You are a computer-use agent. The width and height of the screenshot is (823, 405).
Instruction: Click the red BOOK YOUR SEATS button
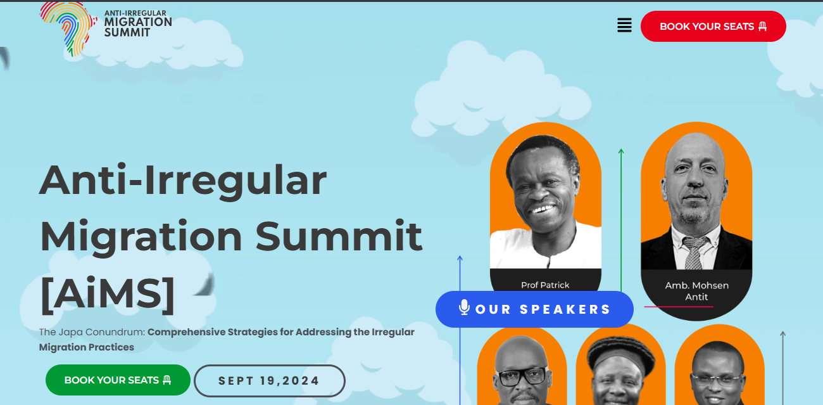713,27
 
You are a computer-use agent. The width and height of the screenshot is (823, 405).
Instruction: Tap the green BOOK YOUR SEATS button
118,380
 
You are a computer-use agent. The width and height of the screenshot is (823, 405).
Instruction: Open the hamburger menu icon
624,25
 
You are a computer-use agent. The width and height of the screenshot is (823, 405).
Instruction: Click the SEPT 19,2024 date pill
269,381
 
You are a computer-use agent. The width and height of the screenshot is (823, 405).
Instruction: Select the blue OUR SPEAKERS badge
534,309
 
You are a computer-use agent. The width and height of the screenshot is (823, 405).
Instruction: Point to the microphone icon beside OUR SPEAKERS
464,308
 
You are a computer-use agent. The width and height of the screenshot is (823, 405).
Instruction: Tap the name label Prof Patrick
545,285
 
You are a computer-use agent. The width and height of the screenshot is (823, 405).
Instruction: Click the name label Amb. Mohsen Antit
696,291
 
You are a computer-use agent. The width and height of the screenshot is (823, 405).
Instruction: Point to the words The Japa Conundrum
92,332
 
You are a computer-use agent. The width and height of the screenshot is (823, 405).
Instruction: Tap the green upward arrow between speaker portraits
621,152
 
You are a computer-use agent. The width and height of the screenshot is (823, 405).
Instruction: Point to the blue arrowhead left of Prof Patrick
460,259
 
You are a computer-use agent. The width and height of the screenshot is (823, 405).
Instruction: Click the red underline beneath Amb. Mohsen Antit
678,307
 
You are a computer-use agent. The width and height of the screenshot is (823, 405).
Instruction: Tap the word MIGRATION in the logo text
137,22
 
